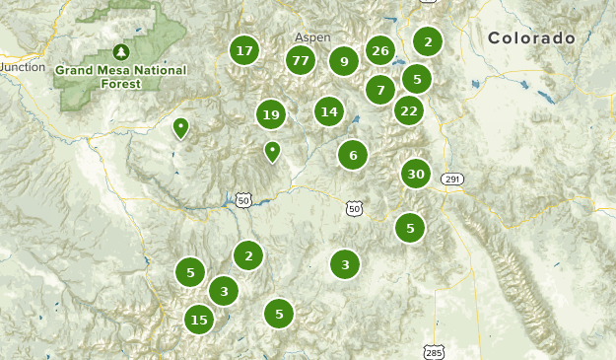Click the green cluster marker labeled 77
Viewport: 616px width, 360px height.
pyautogui.click(x=301, y=61)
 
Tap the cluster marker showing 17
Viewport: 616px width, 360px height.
pyautogui.click(x=244, y=50)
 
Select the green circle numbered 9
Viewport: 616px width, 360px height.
pyautogui.click(x=344, y=62)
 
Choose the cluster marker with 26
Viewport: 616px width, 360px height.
pyautogui.click(x=380, y=50)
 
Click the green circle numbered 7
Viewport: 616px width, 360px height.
pyautogui.click(x=380, y=90)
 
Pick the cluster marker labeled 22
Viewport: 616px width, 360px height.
pyautogui.click(x=409, y=110)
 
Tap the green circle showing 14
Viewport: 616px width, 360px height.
pyautogui.click(x=329, y=111)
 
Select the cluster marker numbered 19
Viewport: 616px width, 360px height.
pyautogui.click(x=271, y=115)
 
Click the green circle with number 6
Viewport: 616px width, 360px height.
pyautogui.click(x=352, y=154)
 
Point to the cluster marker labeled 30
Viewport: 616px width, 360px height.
pyautogui.click(x=416, y=175)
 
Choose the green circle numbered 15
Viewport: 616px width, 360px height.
pyautogui.click(x=199, y=319)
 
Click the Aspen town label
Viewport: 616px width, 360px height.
pyautogui.click(x=312, y=36)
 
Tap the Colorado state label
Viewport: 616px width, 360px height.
pyautogui.click(x=531, y=38)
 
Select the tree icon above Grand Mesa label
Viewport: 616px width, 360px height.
pyautogui.click(x=121, y=51)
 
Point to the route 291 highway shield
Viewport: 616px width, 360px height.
pyautogui.click(x=452, y=179)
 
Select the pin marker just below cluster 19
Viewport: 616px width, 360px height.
pyautogui.click(x=272, y=151)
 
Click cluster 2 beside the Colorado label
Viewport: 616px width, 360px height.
pyautogui.click(x=428, y=41)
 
